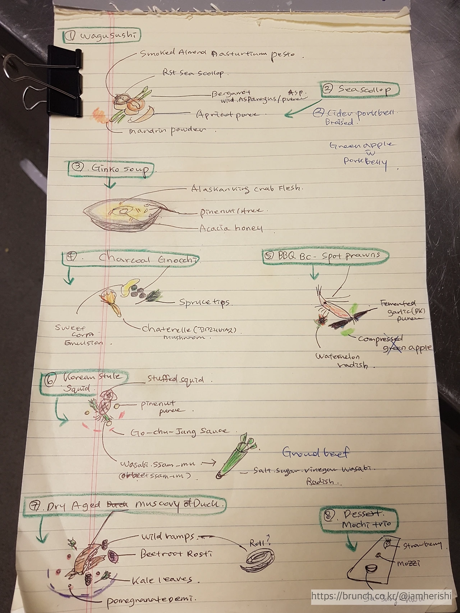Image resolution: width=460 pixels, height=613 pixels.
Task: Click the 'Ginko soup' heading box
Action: click(112, 169)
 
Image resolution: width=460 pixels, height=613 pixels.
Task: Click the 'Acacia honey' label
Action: click(231, 228)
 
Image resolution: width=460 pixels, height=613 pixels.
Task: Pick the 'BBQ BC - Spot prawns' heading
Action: click(326, 256)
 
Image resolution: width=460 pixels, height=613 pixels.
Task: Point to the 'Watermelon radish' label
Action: click(343, 361)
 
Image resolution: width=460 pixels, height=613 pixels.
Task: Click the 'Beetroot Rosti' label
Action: click(176, 554)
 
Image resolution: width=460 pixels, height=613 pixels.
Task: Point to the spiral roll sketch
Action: click(257, 567)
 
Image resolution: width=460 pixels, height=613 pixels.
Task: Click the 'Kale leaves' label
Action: click(162, 580)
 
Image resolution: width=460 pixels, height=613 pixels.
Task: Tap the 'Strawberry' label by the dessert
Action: click(422, 545)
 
